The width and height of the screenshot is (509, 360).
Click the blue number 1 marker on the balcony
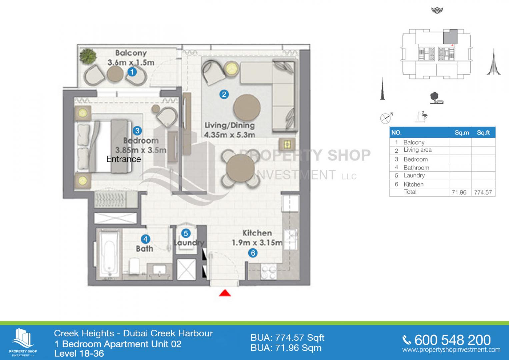(x=132, y=72)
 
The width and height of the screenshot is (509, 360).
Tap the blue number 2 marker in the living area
(x=224, y=94)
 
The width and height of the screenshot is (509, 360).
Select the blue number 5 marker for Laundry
(x=186, y=233)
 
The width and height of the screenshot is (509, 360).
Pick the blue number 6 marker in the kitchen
(x=253, y=253)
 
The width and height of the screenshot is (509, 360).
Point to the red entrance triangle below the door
(x=225, y=293)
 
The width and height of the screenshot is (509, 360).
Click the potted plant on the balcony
(x=88, y=56)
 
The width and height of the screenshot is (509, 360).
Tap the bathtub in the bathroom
(x=109, y=254)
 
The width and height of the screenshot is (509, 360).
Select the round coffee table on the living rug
(x=247, y=108)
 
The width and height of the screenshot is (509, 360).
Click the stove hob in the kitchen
(x=269, y=271)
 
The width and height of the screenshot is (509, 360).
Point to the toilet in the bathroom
(x=134, y=265)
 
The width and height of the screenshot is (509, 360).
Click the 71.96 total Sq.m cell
(x=459, y=193)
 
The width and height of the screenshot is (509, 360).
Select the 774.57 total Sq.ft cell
(x=483, y=193)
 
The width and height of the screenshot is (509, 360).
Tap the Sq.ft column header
(x=483, y=133)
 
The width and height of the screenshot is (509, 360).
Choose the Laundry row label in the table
(x=414, y=175)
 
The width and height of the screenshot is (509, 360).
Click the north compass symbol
(x=386, y=118)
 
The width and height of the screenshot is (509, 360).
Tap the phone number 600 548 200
(x=452, y=340)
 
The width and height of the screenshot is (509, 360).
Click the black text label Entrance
(x=124, y=159)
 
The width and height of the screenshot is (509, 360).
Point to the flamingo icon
(x=424, y=116)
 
